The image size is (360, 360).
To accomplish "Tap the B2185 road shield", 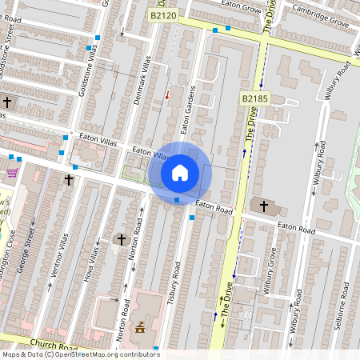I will (255, 98).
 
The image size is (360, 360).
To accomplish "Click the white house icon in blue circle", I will (180, 173).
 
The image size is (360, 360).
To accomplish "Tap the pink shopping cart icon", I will (12, 173).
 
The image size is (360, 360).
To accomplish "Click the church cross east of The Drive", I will (264, 206).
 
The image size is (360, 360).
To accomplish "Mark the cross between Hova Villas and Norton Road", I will (122, 239).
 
